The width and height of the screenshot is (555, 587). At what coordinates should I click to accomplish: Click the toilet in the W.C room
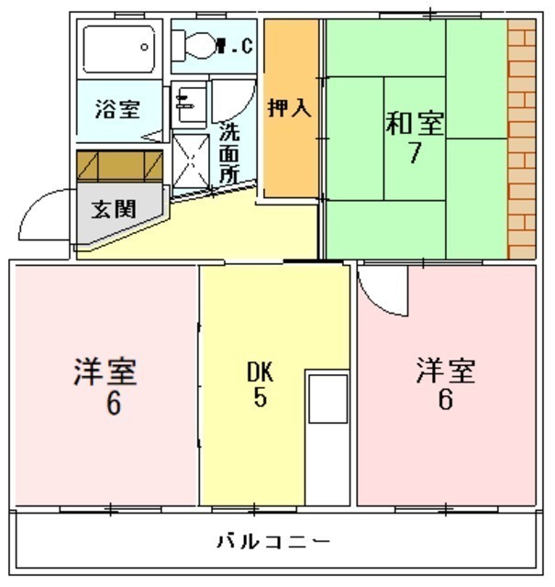point(194,45)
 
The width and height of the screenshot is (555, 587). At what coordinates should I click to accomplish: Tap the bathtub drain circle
point(144,47)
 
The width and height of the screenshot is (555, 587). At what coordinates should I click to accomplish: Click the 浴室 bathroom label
point(117,109)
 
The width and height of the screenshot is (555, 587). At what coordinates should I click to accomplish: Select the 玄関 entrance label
point(114,209)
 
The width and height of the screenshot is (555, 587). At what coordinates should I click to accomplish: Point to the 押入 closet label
point(290,108)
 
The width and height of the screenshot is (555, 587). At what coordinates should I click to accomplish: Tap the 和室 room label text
point(415,123)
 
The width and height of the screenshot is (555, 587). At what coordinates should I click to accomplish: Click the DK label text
point(261,371)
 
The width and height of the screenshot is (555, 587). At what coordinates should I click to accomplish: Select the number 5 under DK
point(261,397)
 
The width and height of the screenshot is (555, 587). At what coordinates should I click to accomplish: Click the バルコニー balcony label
point(273,541)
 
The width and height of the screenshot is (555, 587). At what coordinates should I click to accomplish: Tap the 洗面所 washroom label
point(229,152)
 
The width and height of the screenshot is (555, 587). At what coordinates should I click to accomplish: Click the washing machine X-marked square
point(191,161)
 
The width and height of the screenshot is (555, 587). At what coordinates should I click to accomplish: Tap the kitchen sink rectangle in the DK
point(328,399)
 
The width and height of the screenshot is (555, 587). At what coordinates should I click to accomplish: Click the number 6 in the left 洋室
point(114,404)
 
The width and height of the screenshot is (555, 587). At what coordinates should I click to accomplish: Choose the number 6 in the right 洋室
point(445,399)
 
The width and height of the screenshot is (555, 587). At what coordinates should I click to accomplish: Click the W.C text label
point(236,46)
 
